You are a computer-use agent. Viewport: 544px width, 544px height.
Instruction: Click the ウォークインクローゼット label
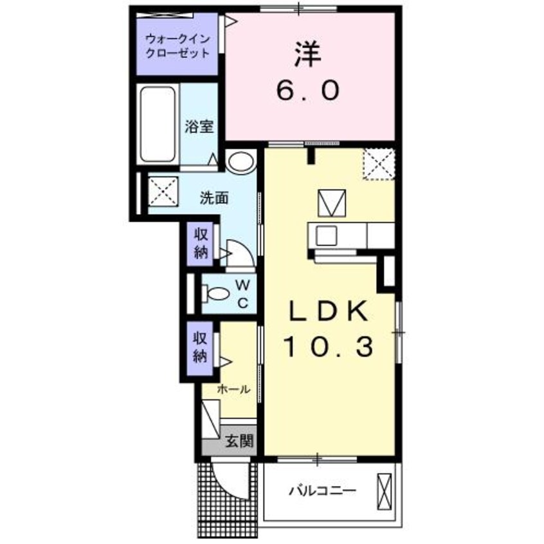point(177,45)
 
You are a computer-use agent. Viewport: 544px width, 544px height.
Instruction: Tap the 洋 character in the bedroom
point(307,57)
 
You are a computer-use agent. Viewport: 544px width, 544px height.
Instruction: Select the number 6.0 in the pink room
point(307,92)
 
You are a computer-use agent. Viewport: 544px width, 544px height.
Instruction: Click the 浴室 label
point(198,127)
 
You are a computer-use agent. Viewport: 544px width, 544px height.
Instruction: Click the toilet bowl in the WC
point(216,294)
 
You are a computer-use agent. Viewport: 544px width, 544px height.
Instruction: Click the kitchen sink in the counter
point(326,235)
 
